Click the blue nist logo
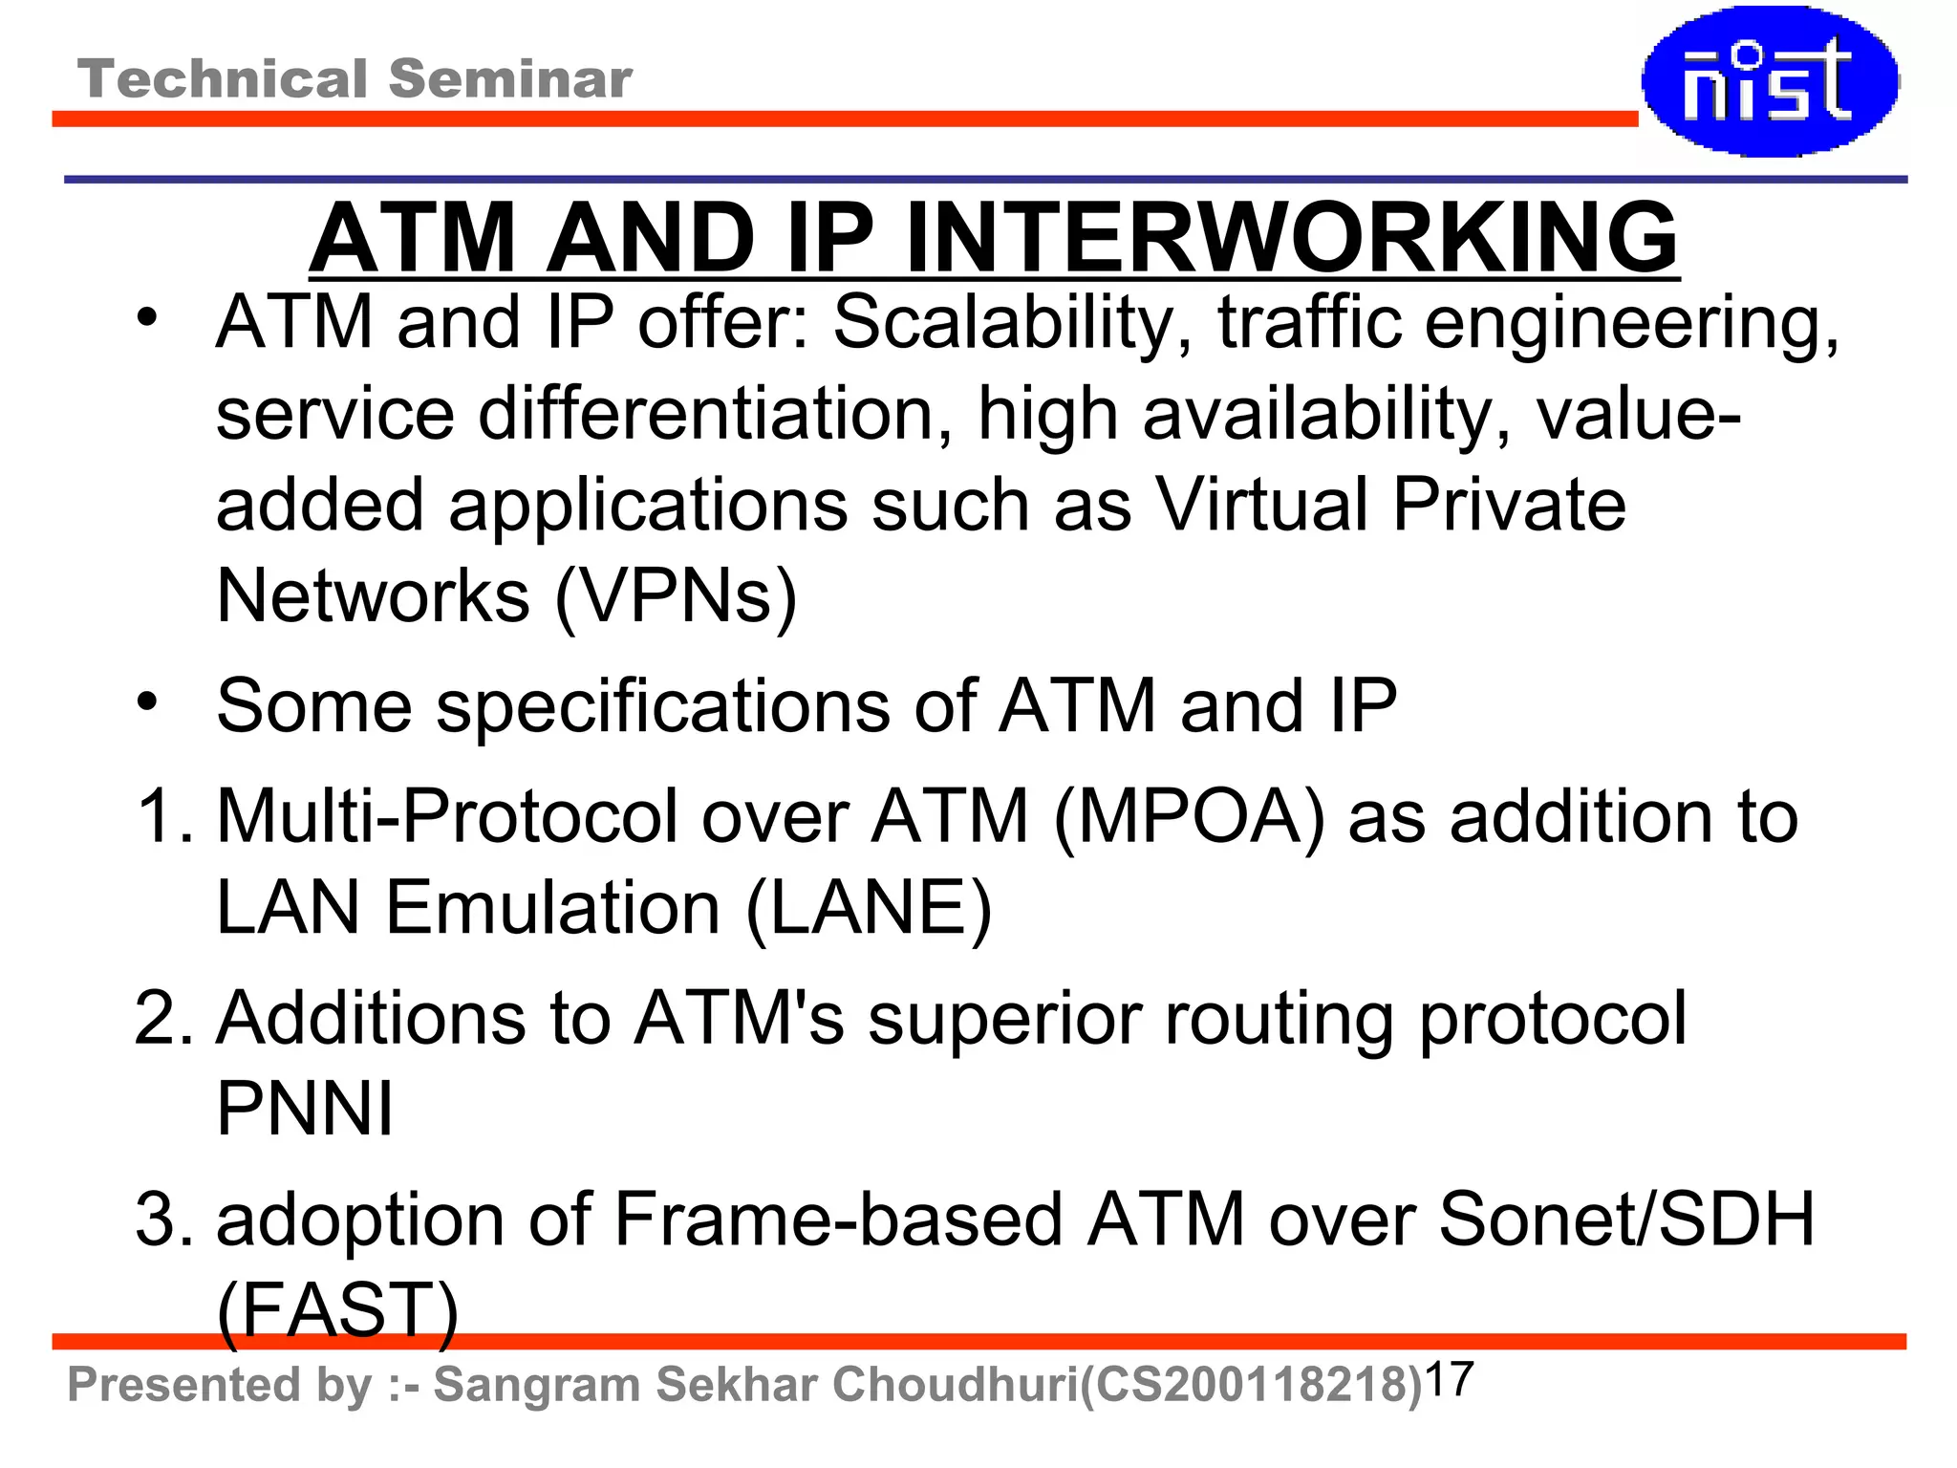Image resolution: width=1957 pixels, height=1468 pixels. pos(1770,82)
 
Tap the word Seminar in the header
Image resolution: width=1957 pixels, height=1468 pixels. pos(510,78)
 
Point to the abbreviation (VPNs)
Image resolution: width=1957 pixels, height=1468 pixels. pos(676,596)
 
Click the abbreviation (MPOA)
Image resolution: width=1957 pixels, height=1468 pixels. pos(1189,816)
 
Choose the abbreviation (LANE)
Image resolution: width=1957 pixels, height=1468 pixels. pos(869,907)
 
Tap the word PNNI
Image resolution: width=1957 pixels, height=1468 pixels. pos(305,1109)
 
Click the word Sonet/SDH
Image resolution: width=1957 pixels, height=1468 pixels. pos(1625,1220)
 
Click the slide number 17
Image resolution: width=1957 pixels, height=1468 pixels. pos(1449,1380)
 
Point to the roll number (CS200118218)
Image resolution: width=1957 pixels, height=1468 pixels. pos(1251,1385)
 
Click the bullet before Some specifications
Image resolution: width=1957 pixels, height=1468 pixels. pos(146,702)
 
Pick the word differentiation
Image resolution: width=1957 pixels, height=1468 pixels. pos(706,414)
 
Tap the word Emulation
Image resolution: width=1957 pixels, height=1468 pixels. pos(552,907)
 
